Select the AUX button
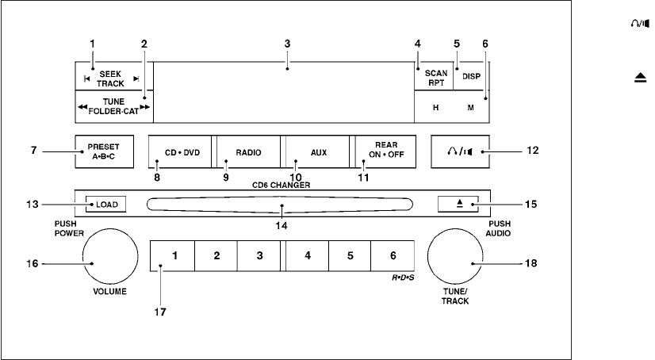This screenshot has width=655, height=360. [318, 151]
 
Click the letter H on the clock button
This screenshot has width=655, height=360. [435, 107]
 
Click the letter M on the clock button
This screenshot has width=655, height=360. [470, 107]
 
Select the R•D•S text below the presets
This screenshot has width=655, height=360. [403, 281]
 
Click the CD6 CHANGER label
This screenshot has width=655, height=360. [281, 185]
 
